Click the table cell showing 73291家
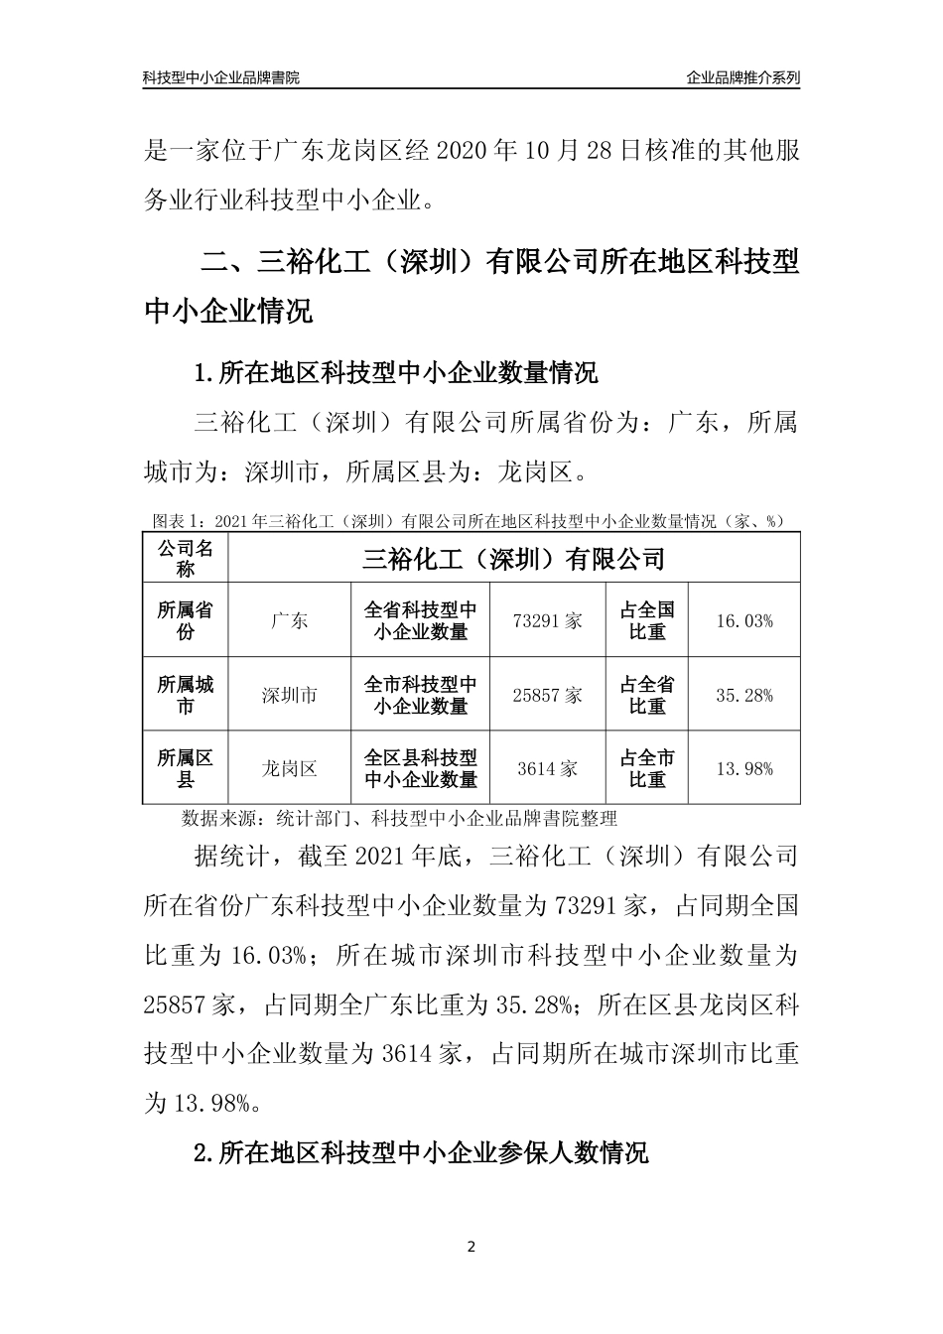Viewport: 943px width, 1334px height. pos(547,621)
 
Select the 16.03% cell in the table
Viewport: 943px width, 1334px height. pos(743,621)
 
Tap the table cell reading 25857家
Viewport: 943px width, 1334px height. pos(547,696)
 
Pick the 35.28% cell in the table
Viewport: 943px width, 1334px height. pos(743,696)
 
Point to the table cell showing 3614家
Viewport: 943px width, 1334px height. pos(547,769)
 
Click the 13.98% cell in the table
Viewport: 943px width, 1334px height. pos(743,769)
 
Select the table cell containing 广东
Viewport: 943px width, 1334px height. pos(289,621)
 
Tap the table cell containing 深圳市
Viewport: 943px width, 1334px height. pos(289,696)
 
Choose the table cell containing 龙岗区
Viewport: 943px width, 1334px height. pos(289,769)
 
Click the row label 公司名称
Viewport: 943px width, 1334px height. pos(186,559)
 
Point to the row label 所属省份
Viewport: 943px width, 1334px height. pos(186,621)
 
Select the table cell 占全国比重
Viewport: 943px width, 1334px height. pos(647,621)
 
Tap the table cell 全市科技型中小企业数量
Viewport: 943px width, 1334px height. pos(421,696)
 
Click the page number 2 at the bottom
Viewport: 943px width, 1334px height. pos(471,1247)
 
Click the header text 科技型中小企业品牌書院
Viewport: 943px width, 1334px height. pos(220,77)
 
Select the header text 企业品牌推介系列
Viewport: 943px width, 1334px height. pos(742,77)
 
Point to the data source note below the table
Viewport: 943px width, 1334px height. pos(400,819)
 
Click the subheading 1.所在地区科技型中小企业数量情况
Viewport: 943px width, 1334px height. pos(396,374)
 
